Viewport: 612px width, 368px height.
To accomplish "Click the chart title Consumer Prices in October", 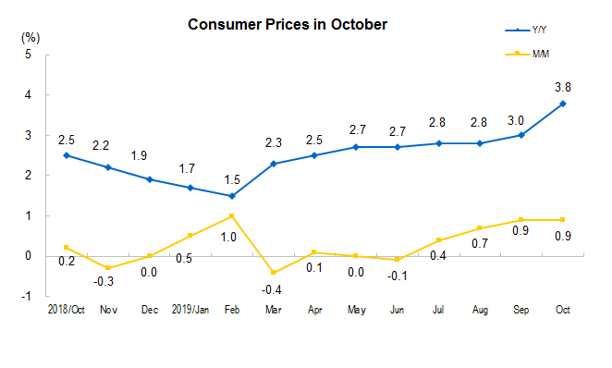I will [x=287, y=24].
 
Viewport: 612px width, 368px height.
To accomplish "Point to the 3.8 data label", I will [x=562, y=87].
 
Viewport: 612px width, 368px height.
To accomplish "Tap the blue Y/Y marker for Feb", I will [x=231, y=195].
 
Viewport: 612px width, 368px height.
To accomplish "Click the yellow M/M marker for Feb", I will [x=231, y=215].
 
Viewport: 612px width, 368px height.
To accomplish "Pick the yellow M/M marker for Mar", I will [x=273, y=272].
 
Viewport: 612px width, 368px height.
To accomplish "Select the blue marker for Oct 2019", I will [x=563, y=104].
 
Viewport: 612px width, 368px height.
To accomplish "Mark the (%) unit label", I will [x=30, y=38].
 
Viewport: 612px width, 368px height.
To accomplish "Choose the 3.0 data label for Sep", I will [x=520, y=119].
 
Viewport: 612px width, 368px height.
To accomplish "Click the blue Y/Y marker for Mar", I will [x=273, y=164].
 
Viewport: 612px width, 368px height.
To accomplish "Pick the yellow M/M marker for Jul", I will [x=438, y=239].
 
